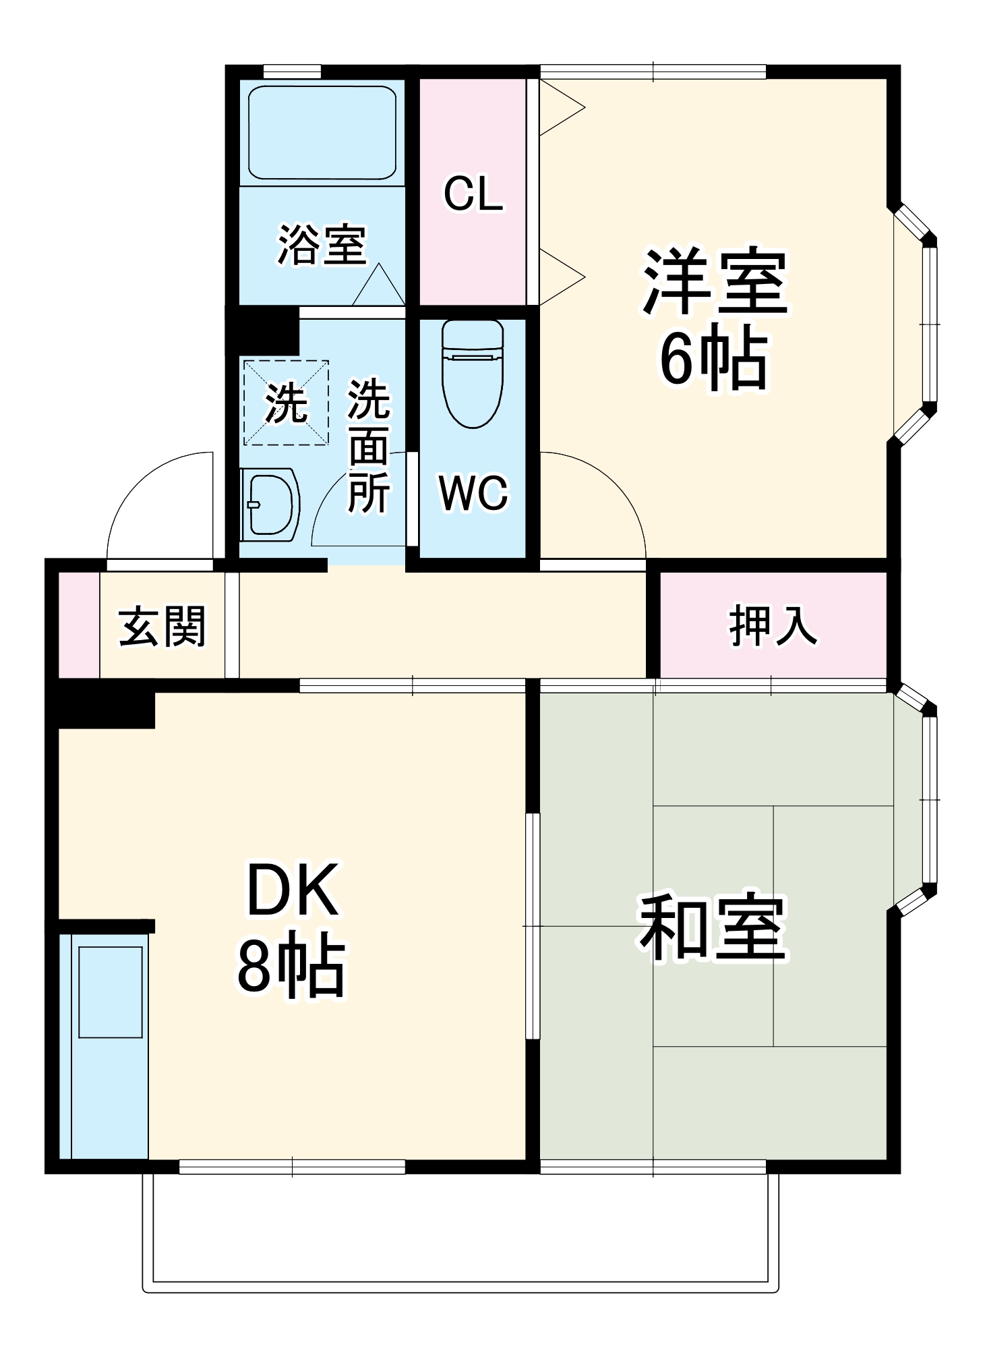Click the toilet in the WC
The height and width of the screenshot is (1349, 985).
(x=473, y=374)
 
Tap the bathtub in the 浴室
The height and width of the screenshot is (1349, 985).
(x=322, y=132)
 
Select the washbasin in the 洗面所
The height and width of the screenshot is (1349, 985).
(x=270, y=505)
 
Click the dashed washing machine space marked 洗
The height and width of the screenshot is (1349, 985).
(x=286, y=403)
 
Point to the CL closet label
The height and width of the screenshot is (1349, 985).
(x=473, y=194)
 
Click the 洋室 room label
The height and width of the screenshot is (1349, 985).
(x=715, y=282)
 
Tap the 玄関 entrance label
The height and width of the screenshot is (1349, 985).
(x=162, y=627)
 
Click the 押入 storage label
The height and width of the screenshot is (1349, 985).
(x=773, y=625)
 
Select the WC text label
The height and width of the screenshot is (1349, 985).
(x=473, y=492)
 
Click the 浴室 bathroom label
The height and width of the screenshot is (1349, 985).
(x=322, y=244)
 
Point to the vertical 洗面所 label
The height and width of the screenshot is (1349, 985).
(x=368, y=447)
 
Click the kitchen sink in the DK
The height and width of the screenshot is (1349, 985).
(x=110, y=992)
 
